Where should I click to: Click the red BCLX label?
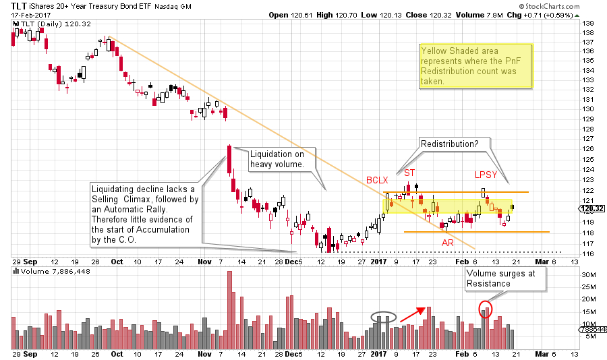[376, 180]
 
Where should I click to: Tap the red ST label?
[409, 173]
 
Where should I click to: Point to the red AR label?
[447, 242]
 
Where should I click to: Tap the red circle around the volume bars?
[485, 309]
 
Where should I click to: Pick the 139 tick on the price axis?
[588, 22]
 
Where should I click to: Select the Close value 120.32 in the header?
[449, 14]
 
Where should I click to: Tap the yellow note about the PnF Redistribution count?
[475, 65]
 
